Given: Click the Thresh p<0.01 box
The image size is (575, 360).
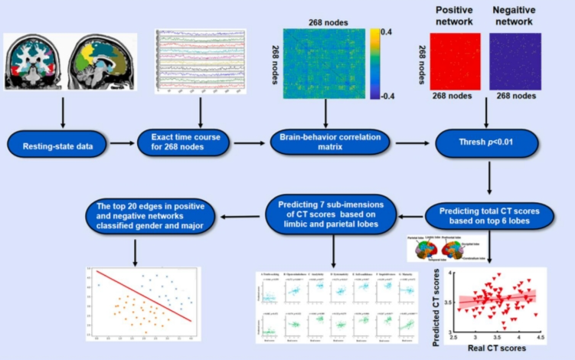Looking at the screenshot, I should point(487,142).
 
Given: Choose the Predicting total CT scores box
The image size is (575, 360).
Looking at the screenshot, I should point(488,214).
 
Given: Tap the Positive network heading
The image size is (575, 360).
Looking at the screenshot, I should point(457,17).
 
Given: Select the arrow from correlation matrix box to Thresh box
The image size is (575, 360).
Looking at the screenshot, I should point(405,142).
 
